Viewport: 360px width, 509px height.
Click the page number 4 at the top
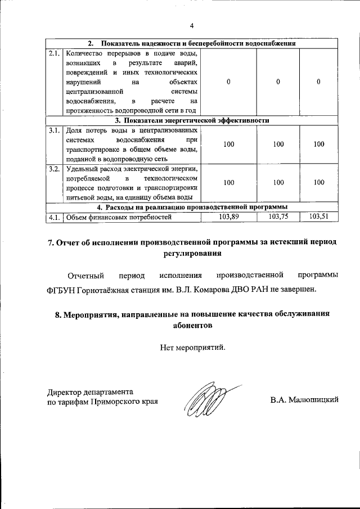pos(191,26)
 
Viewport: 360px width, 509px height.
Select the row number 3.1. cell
pos(54,130)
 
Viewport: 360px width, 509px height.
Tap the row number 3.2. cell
pos(54,169)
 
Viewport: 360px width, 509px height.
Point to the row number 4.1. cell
pos(54,217)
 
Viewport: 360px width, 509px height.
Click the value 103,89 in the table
pos(228,217)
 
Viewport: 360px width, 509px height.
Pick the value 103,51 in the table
pos(318,217)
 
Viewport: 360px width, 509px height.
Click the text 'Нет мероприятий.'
pos(192,347)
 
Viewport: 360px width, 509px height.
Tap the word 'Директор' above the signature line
pos(64,392)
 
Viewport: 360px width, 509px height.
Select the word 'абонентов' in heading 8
pos(192,325)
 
